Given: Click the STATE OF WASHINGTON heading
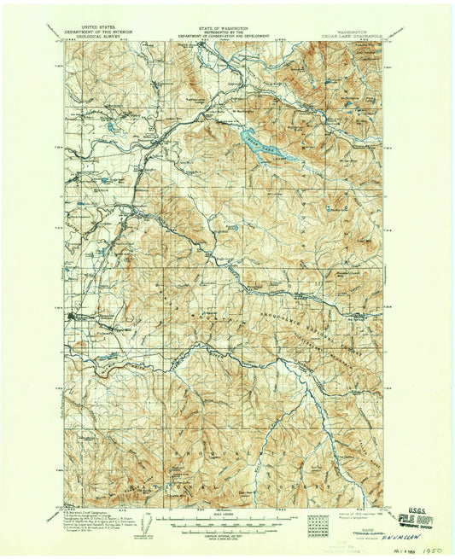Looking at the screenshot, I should click(227, 28).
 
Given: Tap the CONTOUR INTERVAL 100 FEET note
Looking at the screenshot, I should click(227, 530).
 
